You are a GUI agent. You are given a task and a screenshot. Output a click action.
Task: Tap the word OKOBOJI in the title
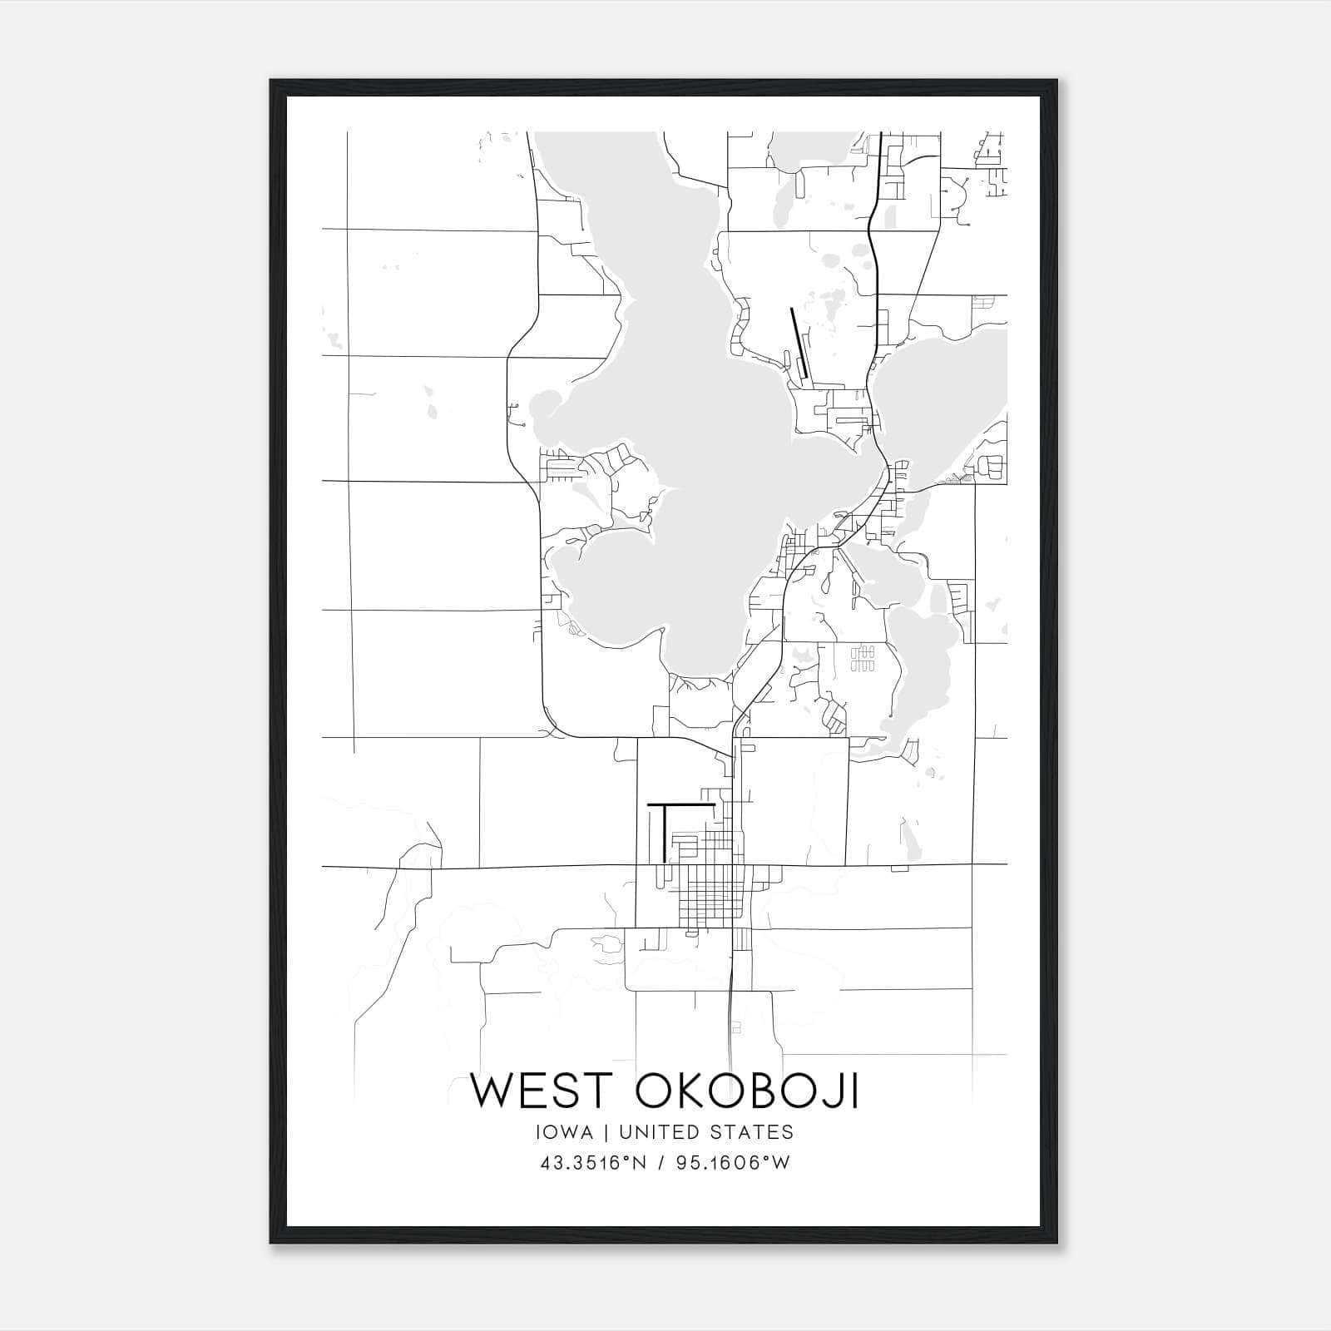pyautogui.click(x=747, y=1091)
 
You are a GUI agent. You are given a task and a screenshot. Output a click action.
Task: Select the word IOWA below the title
pyautogui.click(x=567, y=1132)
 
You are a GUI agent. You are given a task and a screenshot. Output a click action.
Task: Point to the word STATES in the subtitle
pyautogui.click(x=754, y=1132)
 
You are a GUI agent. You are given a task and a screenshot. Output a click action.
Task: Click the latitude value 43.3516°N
pyautogui.click(x=592, y=1163)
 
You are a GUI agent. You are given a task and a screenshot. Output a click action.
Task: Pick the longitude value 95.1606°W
pyautogui.click(x=733, y=1163)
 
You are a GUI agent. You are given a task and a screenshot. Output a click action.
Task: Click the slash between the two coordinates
pyautogui.click(x=663, y=1163)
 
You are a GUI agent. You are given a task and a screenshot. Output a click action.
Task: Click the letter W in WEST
pyautogui.click(x=495, y=1091)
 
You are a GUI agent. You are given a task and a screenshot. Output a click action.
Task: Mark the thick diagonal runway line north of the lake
pyautogui.click(x=798, y=343)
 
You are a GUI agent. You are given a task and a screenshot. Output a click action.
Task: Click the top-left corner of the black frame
pyautogui.click(x=271, y=81)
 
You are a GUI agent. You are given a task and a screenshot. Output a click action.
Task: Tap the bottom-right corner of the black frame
pyautogui.click(x=1056, y=1243)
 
